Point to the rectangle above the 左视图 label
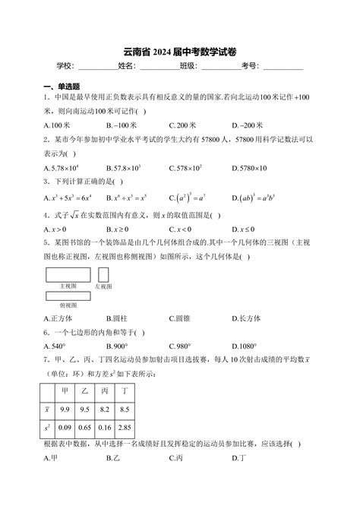(104, 273)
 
